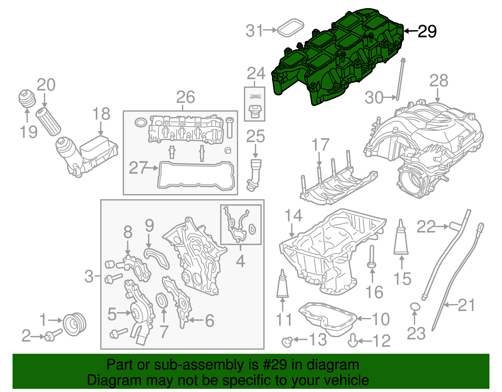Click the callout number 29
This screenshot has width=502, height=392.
click(x=427, y=31)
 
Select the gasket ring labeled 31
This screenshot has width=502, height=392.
click(x=291, y=27)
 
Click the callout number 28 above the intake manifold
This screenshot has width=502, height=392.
click(x=438, y=81)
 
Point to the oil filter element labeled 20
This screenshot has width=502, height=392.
click(x=48, y=121)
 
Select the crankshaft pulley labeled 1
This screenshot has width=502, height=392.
click(x=75, y=324)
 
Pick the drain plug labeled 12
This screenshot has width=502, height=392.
click(x=353, y=340)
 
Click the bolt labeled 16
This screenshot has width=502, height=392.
click(x=371, y=257)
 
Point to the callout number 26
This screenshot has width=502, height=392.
click(x=185, y=97)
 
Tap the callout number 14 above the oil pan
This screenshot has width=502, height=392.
click(x=293, y=216)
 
